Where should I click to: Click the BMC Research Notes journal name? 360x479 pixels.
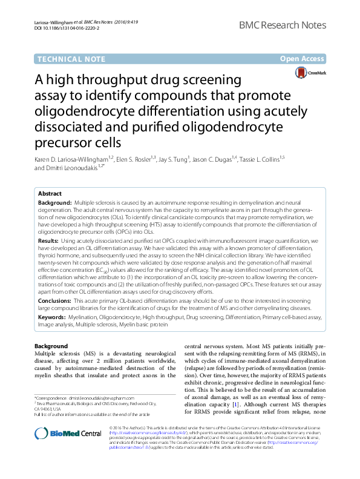283,26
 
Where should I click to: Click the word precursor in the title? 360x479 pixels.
62,142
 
